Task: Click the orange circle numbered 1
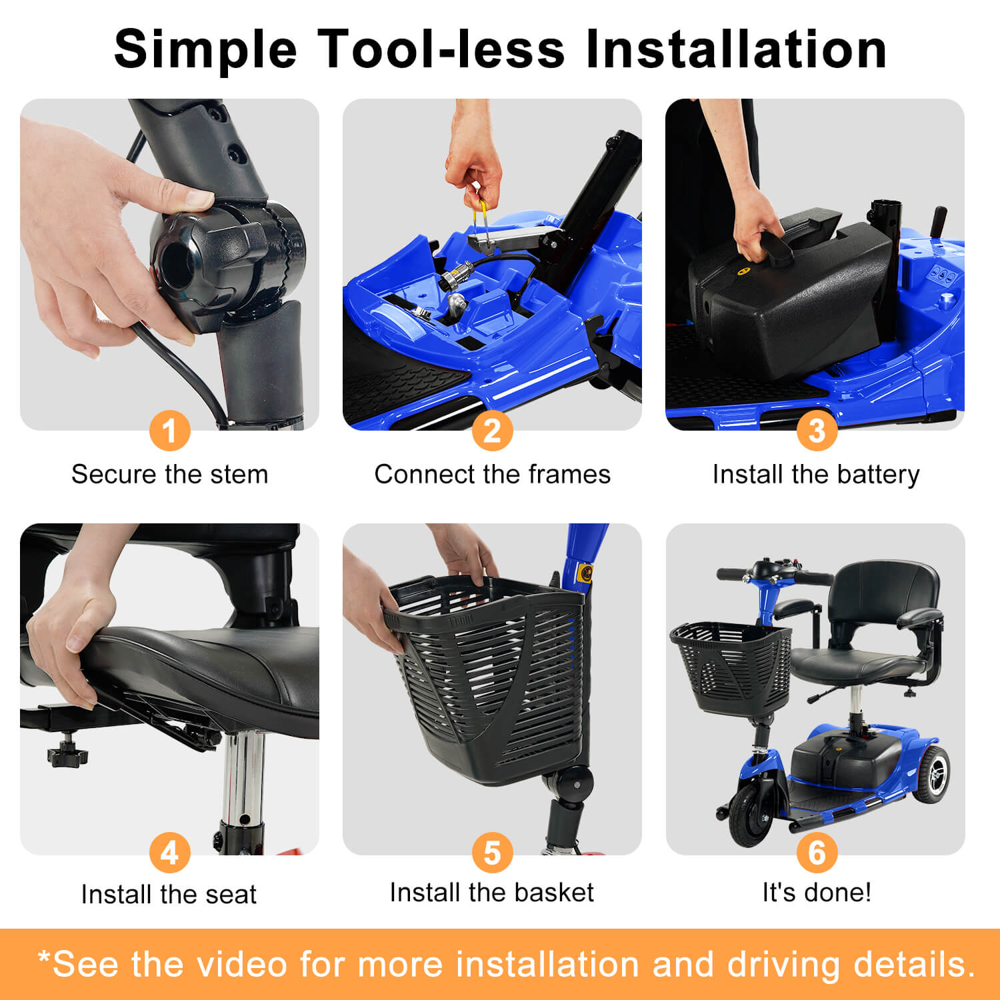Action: coord(170,431)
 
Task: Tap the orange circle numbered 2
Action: coord(492,431)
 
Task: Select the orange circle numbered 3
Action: coord(817,431)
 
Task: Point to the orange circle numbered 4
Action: coord(170,853)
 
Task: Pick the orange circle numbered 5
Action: coord(492,853)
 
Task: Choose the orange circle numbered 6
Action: coord(817,853)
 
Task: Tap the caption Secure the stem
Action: coord(170,474)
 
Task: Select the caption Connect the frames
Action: coord(492,474)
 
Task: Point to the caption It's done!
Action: coord(817,892)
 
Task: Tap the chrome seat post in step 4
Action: coord(243,780)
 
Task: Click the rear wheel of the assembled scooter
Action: coord(931,773)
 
